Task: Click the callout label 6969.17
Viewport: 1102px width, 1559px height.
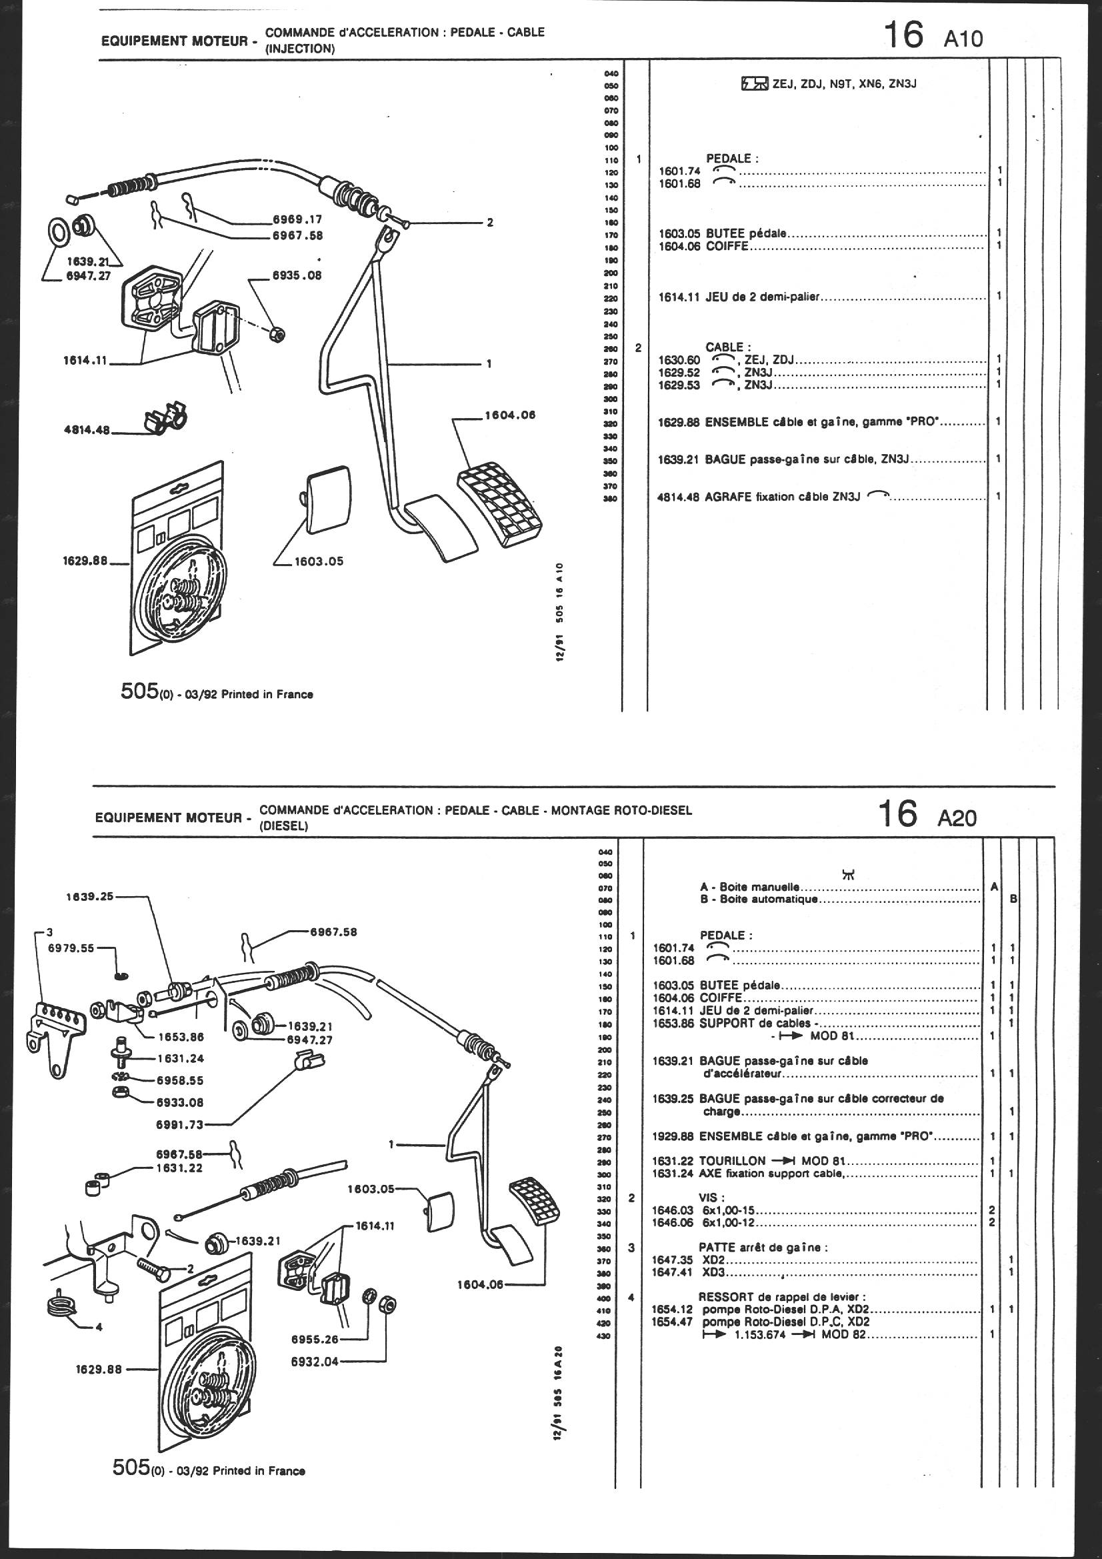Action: point(297,219)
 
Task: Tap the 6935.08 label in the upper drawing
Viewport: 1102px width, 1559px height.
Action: point(297,275)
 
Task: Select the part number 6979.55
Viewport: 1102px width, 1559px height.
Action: point(71,949)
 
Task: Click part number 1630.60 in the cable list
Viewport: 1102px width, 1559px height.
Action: point(680,359)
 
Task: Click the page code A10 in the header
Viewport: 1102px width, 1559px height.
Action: point(963,39)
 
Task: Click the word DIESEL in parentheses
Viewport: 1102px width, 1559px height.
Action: point(285,826)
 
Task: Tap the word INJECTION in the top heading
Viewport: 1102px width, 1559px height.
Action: point(299,49)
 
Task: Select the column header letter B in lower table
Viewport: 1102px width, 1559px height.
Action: point(1013,900)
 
